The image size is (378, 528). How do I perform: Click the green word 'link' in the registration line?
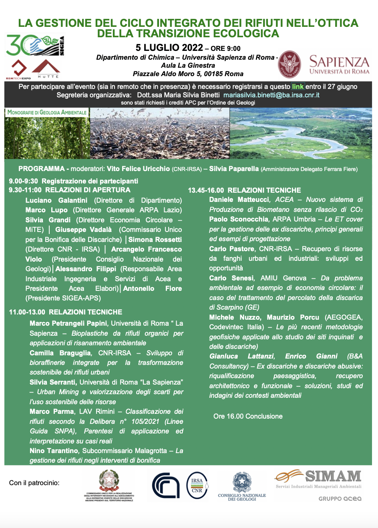298,87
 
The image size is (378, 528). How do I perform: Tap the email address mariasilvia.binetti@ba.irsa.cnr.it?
271,95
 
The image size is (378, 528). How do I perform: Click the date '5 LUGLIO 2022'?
169,48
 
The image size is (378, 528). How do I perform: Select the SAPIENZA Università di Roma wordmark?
339,65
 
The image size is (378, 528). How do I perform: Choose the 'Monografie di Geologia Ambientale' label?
47,112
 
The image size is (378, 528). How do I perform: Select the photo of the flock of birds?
160,133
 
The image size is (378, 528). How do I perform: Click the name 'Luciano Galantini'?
56,200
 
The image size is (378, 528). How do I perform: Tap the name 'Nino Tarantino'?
54,451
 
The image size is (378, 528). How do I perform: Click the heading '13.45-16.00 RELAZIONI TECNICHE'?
244,190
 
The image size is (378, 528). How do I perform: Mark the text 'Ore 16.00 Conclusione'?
248,416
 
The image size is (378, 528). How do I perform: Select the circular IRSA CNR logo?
197,485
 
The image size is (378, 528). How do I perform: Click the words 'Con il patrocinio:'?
34,483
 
